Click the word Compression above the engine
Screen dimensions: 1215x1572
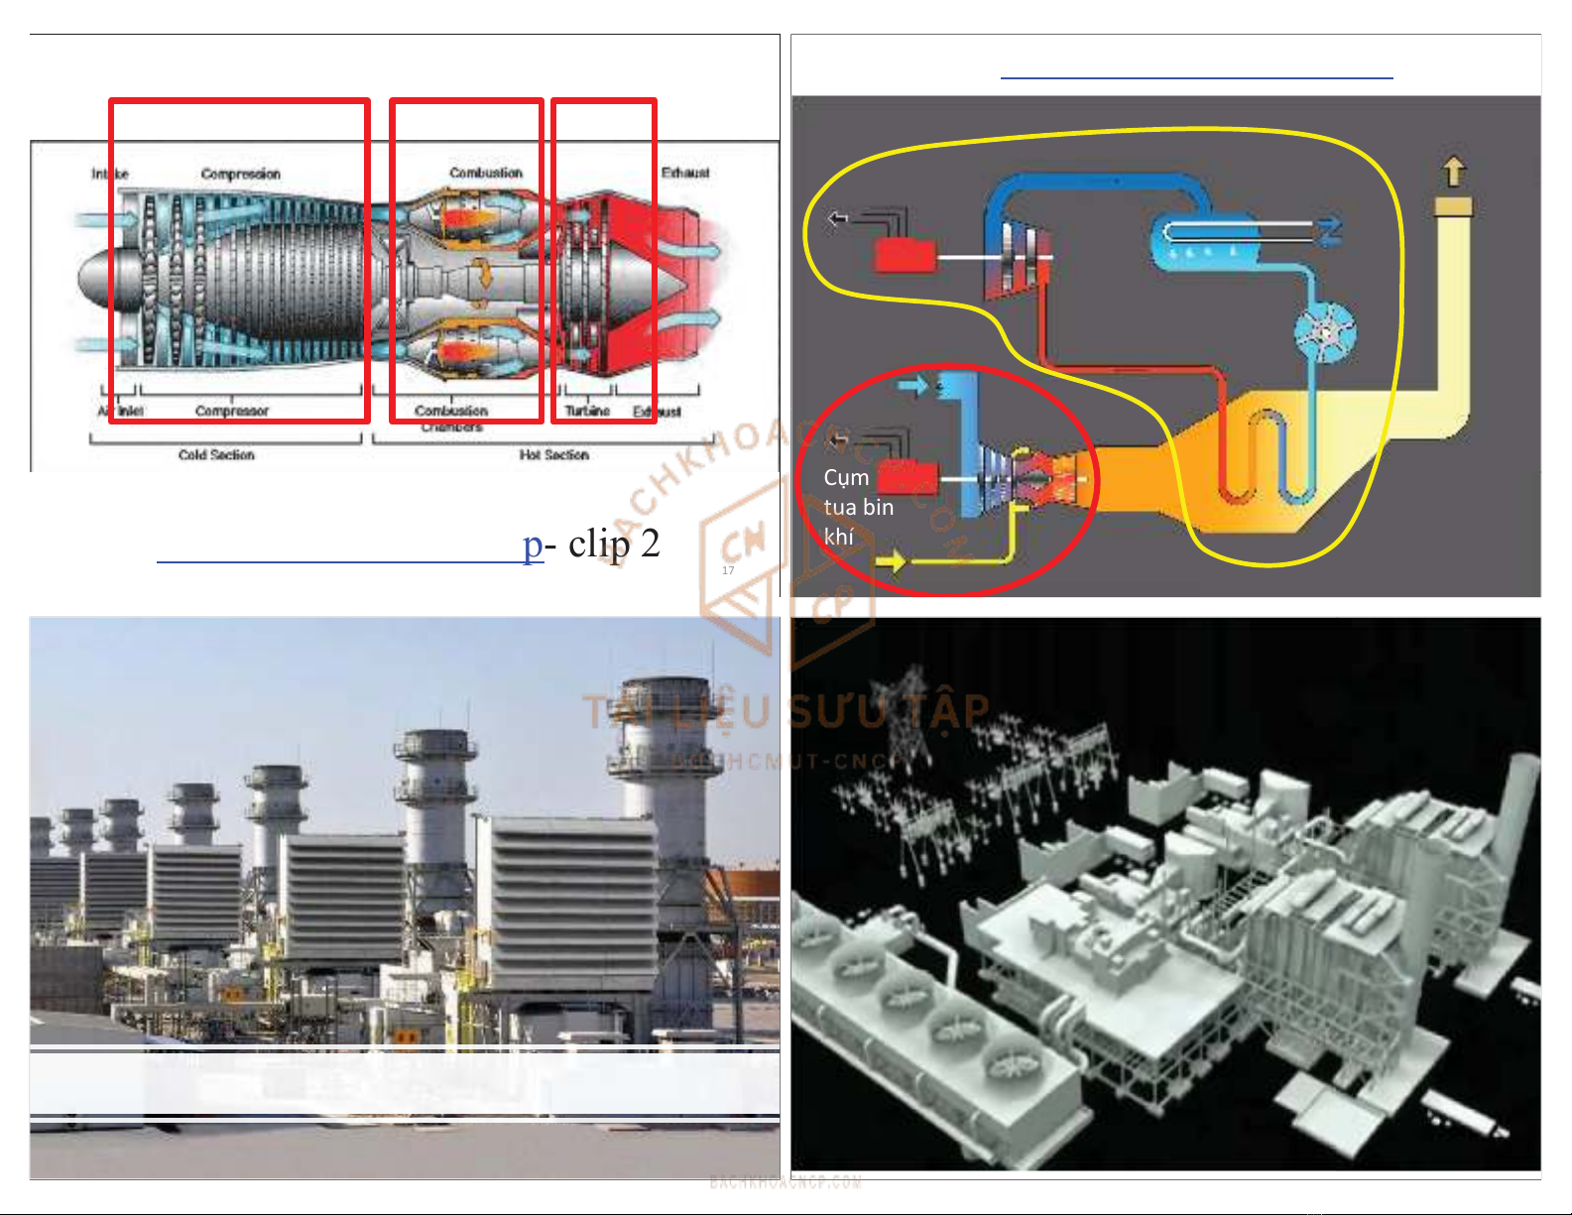(240, 175)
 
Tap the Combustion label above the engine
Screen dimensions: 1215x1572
(485, 173)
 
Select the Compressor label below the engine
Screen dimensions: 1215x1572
(232, 411)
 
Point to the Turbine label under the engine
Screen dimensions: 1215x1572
(587, 411)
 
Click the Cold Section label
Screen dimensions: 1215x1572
(216, 455)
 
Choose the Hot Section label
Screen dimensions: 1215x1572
(553, 455)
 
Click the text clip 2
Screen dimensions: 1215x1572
(614, 544)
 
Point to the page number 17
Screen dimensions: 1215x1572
(728, 570)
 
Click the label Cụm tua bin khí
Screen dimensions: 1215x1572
(858, 507)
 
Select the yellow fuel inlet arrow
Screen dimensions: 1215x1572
(890, 562)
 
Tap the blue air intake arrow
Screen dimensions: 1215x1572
(911, 385)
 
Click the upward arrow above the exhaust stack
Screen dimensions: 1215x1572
(1454, 172)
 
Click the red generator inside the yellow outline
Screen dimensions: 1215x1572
(904, 255)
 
